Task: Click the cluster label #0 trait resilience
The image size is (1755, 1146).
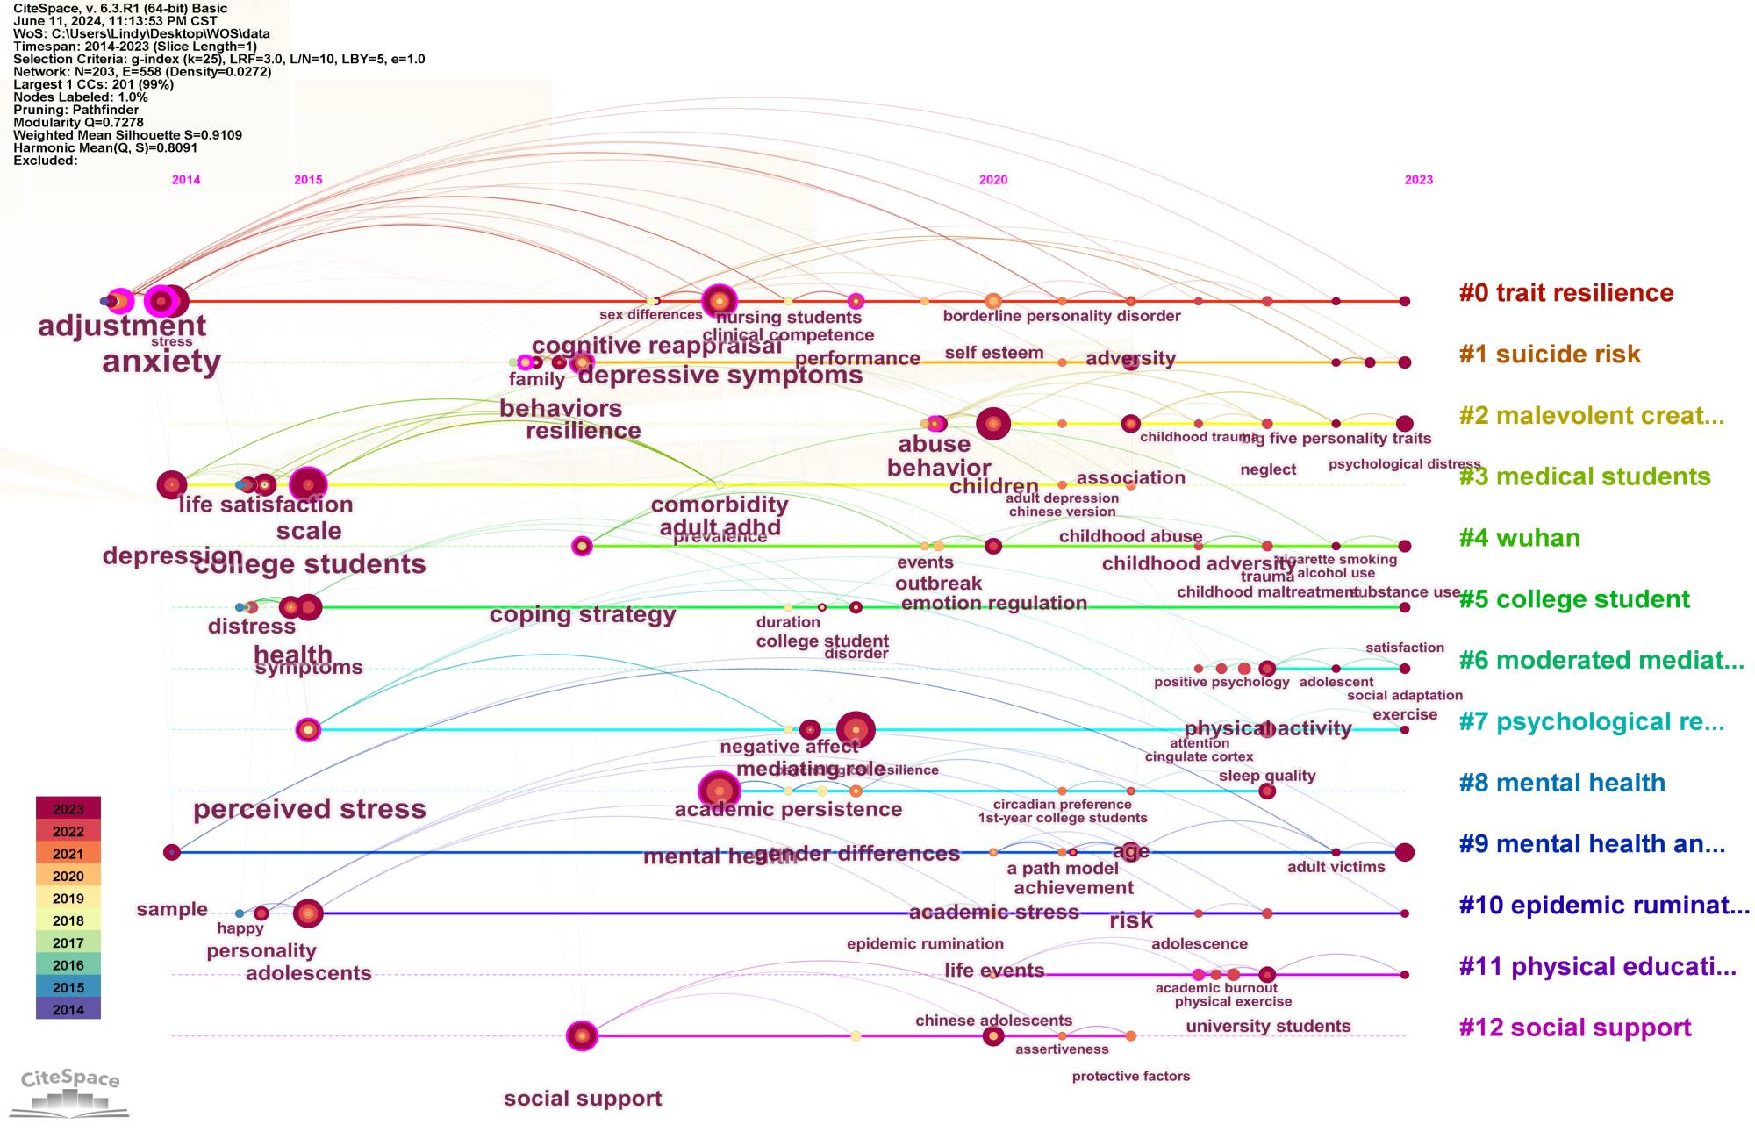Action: pos(1565,293)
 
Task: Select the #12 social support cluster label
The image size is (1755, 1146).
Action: pos(1574,1028)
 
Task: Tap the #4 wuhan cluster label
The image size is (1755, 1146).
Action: pos(1519,538)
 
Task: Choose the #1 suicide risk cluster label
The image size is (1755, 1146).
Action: pos(1549,355)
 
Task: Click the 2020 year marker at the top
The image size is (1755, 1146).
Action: pos(992,180)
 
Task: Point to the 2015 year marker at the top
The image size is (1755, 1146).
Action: pos(308,180)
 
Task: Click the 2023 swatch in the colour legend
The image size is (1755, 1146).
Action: pos(68,809)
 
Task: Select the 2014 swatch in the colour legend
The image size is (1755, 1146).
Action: pos(68,1009)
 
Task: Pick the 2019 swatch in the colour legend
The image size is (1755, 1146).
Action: pos(68,899)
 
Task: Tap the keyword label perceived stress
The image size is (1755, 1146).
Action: pos(309,809)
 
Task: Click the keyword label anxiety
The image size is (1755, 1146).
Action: pos(161,362)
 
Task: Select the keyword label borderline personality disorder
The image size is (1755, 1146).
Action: pos(1061,316)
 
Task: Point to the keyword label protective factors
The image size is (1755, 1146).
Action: pos(1130,1077)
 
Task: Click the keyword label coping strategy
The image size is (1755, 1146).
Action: pos(582,614)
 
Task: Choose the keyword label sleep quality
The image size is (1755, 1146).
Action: pos(1266,776)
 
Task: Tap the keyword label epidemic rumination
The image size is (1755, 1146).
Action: pos(925,944)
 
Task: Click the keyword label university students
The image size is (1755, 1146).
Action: pos(1267,1027)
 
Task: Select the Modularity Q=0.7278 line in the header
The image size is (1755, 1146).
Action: pos(78,123)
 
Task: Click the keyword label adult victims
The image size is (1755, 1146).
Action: pos(1336,868)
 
